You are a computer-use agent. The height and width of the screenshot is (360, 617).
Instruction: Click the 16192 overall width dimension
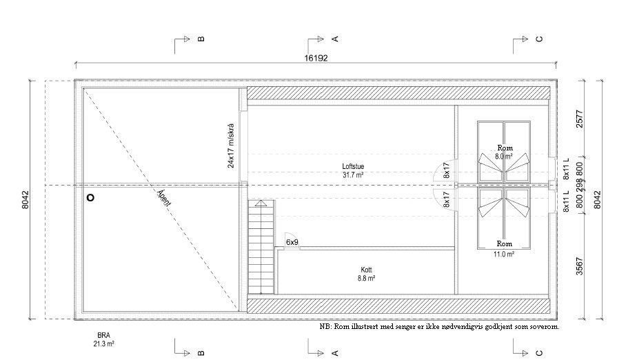[316, 58]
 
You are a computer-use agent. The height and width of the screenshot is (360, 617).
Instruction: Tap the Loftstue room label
[353, 166]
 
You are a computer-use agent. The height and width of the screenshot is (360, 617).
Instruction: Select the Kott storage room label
[366, 270]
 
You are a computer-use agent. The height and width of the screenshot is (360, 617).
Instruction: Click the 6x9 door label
[292, 242]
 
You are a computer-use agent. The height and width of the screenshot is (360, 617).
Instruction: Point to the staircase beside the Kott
[261, 247]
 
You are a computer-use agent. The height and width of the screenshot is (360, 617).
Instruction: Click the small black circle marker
[90, 197]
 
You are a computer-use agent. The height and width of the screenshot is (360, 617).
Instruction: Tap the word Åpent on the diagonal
[164, 198]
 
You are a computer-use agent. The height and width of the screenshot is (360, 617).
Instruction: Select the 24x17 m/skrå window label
[230, 146]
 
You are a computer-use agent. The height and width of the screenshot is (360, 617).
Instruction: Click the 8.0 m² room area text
[504, 156]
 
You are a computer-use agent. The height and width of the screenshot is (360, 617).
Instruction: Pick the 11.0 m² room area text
[504, 254]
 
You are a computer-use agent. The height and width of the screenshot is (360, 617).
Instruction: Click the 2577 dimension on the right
[580, 119]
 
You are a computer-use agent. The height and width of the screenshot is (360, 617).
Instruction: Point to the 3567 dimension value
[580, 266]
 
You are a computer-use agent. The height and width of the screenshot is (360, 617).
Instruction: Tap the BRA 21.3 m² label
[103, 339]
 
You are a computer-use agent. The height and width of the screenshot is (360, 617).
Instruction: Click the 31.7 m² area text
[353, 175]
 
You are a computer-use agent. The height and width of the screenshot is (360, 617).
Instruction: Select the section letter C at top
[540, 39]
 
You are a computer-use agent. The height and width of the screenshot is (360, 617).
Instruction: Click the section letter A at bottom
[335, 353]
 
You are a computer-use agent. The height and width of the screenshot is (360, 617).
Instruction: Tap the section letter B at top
[201, 39]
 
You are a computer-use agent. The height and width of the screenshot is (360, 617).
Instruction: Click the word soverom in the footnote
[545, 327]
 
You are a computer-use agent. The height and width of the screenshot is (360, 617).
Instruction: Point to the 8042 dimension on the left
[26, 199]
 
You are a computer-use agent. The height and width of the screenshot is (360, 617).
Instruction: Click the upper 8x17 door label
[446, 170]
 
